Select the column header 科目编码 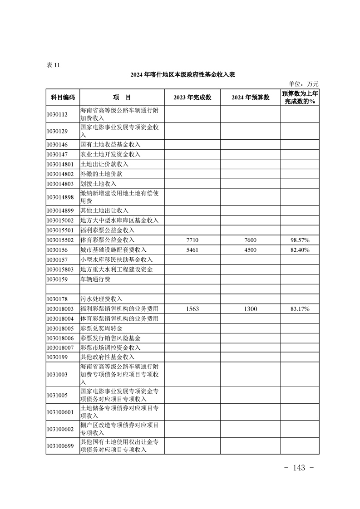63,98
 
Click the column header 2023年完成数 192,98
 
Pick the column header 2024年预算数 250,98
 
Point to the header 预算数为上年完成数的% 300,98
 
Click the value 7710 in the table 192,240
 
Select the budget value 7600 250,240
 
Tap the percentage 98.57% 300,240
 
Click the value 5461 192,250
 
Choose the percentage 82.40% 300,250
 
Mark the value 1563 192,309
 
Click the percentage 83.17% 300,309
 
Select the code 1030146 57,145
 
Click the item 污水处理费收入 101,299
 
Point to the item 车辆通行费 95,279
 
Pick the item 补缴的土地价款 101,174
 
